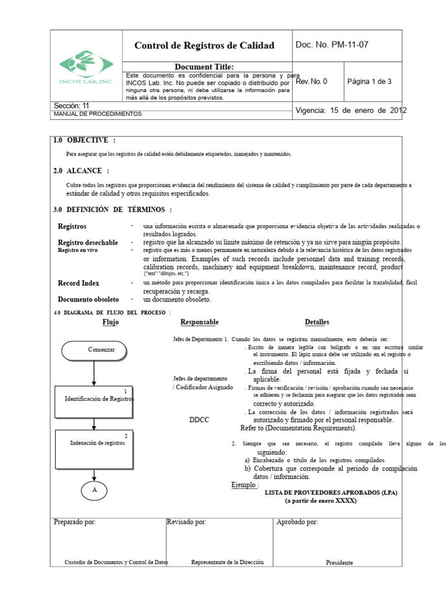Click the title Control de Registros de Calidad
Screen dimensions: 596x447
point(204,45)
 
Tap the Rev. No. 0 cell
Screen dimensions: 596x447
point(311,81)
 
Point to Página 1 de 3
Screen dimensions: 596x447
point(369,81)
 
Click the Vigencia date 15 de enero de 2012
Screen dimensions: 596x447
point(351,110)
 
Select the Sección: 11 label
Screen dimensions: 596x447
point(72,106)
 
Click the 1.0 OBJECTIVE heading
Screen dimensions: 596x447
point(84,140)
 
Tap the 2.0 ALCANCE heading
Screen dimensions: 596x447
point(81,171)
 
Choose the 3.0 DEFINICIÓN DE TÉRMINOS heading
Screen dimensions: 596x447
point(112,210)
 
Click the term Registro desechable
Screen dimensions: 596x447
point(88,242)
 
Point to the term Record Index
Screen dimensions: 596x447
point(79,283)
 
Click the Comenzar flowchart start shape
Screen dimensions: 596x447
point(94,350)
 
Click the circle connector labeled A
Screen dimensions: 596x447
point(94,491)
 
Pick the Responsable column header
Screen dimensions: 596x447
point(200,322)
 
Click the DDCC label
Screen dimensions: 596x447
point(200,420)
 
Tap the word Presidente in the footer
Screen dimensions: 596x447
point(339,563)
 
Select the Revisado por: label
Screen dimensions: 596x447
point(186,522)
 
